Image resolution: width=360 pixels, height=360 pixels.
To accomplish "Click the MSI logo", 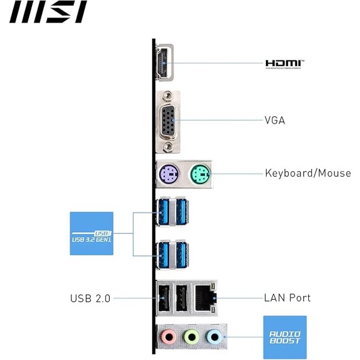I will coord(48,12).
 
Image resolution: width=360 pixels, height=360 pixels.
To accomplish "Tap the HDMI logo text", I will coord(285,63).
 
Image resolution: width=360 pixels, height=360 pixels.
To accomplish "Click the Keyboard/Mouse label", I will coord(308,172).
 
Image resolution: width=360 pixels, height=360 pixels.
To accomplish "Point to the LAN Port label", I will coord(287,298).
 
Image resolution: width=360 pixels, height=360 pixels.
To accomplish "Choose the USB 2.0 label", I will coord(89,298).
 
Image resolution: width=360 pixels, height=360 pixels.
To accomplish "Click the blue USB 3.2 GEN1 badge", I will coord(91,233).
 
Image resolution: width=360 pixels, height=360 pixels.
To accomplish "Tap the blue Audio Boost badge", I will coord(285,337).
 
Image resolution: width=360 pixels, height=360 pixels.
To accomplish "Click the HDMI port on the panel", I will coord(163,62).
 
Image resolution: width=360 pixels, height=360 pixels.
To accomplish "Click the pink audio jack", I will coord(168,336).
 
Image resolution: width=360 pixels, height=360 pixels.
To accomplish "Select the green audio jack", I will coord(192,336).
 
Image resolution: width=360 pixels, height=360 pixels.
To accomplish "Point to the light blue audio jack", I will coord(214,336).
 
